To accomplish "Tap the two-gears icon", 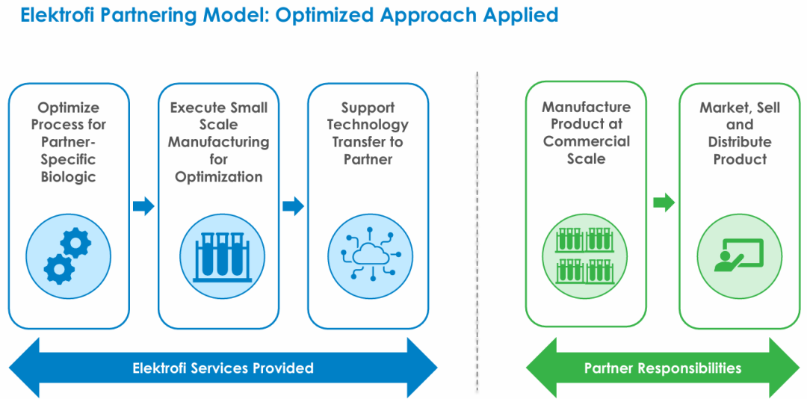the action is [x=68, y=256].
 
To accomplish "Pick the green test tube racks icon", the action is [x=585, y=256].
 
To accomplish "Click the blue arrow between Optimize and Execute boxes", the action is [x=143, y=206].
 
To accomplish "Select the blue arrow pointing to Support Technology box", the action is [x=294, y=206].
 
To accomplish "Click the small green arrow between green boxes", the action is [x=664, y=202].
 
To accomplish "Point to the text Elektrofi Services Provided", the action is [x=223, y=368].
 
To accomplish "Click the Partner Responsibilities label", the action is [x=663, y=368].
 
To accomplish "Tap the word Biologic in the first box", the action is [x=69, y=177].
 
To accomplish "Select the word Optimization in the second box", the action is [x=219, y=177].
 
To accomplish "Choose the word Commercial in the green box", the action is [x=587, y=141].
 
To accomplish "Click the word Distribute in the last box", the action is [x=740, y=142].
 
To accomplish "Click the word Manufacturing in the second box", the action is [x=219, y=142].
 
